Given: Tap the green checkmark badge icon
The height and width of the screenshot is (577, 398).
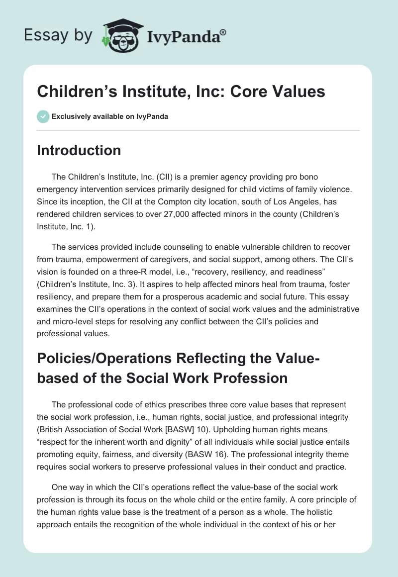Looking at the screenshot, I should coord(43,116).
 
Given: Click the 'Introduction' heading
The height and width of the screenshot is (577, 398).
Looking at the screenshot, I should coord(79,150).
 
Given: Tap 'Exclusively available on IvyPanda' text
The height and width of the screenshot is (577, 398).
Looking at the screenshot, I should coord(110,117).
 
